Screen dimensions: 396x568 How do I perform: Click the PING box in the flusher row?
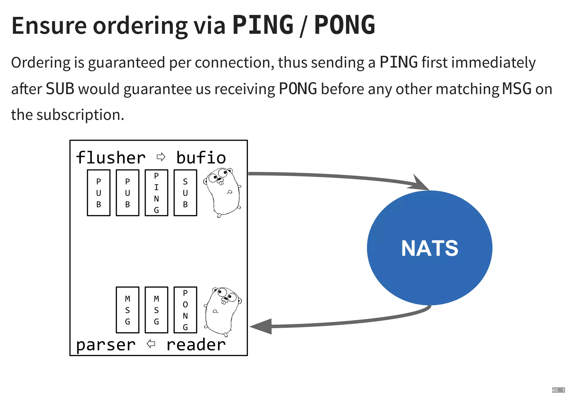pos(156,193)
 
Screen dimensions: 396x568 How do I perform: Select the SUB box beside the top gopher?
pos(185,193)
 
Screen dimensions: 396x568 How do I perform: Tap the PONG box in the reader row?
pos(185,310)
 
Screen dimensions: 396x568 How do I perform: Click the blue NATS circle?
pos(429,248)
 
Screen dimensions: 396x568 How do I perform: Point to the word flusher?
pos(111,158)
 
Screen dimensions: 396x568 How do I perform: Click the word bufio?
pos(201,158)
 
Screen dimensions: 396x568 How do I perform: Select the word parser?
pos(106,345)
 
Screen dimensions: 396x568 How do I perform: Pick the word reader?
pos(196,345)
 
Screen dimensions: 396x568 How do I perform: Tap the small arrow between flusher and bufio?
pos(161,157)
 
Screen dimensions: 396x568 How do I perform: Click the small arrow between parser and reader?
pos(151,344)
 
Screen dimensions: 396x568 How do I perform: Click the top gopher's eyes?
pos(218,176)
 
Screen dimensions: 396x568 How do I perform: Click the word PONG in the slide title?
pos(344,25)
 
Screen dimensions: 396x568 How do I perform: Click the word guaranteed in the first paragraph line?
pos(126,62)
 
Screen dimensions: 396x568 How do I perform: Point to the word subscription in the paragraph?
pos(80,115)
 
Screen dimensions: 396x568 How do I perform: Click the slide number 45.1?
pos(558,390)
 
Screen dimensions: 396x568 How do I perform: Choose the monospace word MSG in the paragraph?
pos(517,89)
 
